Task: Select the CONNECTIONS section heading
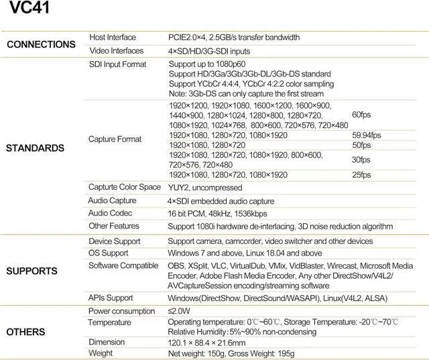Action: coord(41,44)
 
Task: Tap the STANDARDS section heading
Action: coord(35,147)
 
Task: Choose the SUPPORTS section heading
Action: coord(33,271)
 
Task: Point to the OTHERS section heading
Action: coord(25,332)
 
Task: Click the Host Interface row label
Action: coord(113,38)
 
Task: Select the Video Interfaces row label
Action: coord(116,51)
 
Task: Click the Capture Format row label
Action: coord(115,139)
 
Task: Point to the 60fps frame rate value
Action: coord(361,115)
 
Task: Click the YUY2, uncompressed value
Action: coord(204,188)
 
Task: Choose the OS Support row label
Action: coord(109,253)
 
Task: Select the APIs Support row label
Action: coord(111,298)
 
